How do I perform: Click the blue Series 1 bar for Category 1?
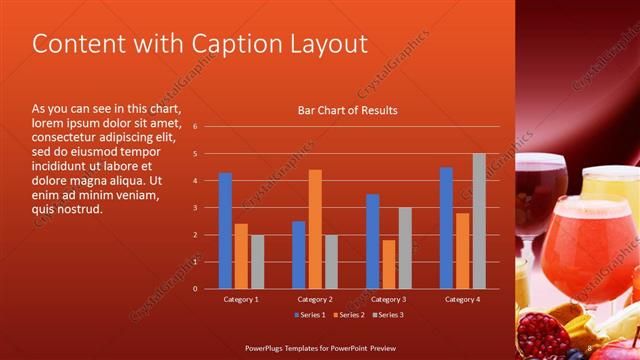point(225,230)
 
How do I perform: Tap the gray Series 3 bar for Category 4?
point(479,221)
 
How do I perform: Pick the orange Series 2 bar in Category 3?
point(388,264)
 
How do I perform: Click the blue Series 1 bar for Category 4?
point(446,228)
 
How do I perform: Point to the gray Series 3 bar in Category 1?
point(257,261)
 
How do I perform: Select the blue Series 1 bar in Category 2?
point(299,254)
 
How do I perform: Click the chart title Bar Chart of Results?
point(347,110)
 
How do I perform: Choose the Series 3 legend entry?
point(391,316)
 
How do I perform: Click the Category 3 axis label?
point(387,299)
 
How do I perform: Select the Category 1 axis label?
point(241,299)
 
